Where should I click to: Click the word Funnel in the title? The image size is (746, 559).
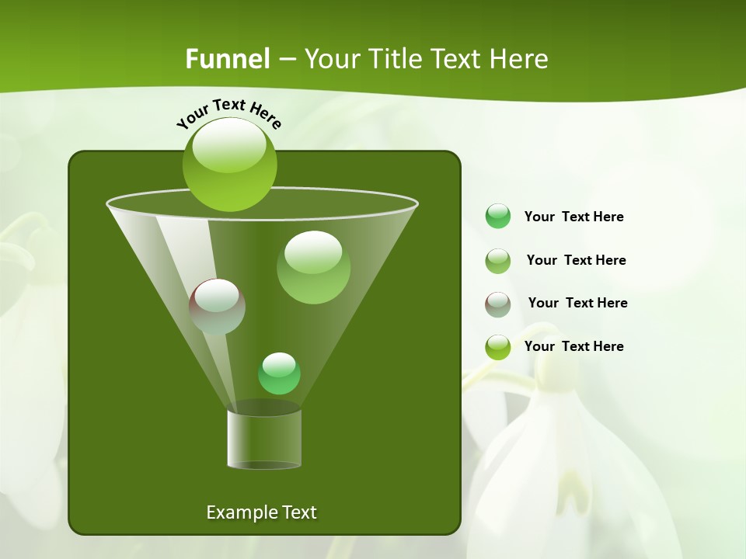[x=227, y=59]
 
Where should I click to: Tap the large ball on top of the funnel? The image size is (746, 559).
[x=229, y=165]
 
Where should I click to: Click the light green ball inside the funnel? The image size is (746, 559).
[x=313, y=267]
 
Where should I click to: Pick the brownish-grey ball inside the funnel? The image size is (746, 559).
[x=217, y=307]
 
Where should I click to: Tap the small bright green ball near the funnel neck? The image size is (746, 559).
[x=279, y=373]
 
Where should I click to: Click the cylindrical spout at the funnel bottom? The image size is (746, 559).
[x=264, y=439]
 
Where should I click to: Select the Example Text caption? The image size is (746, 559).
[x=261, y=512]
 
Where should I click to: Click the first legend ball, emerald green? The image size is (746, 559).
[x=498, y=217]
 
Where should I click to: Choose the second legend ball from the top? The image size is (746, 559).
[x=498, y=260]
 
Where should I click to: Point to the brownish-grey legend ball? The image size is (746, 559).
[x=498, y=304]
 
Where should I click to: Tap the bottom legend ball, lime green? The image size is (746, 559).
[x=498, y=347]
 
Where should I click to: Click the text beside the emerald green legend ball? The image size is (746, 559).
[x=573, y=217]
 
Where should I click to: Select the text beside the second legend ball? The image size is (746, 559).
[x=576, y=261]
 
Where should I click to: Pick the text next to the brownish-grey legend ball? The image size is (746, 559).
[x=577, y=304]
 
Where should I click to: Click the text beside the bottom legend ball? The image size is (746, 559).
[x=573, y=347]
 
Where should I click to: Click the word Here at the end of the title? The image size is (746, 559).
[x=520, y=59]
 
